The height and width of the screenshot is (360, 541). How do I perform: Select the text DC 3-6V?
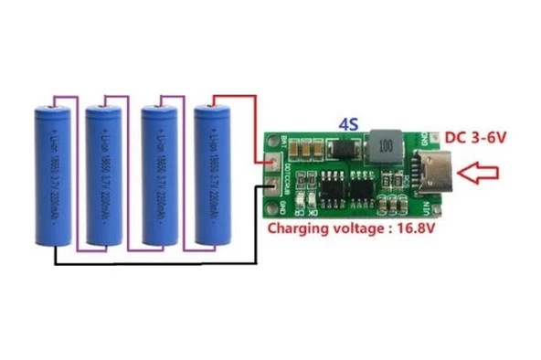477,136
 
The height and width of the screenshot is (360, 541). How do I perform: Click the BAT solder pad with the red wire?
273,162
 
